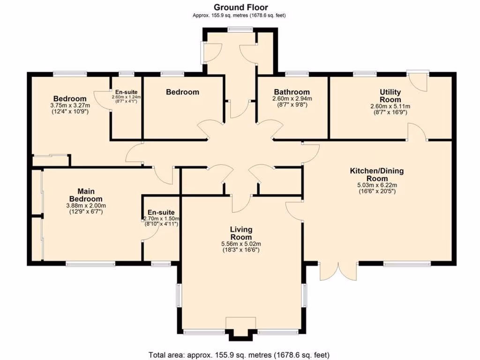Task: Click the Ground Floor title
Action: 240,7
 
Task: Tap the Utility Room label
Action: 390,96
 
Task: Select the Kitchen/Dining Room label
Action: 377,175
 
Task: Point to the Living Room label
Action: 241,233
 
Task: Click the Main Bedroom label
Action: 86,195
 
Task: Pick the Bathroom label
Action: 292,92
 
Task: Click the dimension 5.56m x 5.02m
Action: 241,244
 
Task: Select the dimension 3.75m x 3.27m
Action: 70,105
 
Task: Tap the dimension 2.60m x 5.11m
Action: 390,106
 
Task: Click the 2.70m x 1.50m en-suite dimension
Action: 161,219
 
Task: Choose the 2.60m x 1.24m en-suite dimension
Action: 126,97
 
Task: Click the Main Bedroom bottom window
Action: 90,264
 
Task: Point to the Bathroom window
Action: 297,73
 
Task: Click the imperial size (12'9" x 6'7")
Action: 86,211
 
